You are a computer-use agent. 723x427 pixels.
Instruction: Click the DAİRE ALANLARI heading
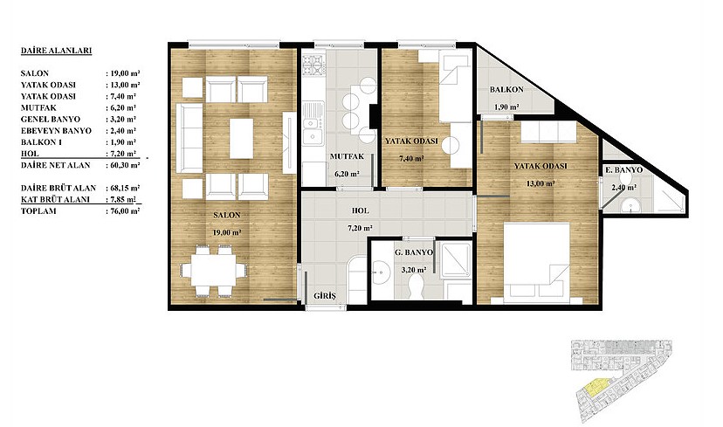pos(56,51)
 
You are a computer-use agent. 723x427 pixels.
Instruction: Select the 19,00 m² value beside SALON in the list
pos(122,73)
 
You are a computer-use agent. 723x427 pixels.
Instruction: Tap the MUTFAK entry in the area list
pos(38,108)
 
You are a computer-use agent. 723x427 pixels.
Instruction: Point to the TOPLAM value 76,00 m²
pos(122,211)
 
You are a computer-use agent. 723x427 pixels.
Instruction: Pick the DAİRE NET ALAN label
pos(55,165)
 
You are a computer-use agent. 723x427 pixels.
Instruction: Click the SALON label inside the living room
pos(227,215)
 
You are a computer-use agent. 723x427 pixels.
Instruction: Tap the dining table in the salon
pos(213,270)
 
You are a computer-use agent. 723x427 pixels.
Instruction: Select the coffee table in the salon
pos(241,138)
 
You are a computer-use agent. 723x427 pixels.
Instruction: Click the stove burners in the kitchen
pos(314,65)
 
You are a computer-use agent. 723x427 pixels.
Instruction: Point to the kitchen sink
pos(313,130)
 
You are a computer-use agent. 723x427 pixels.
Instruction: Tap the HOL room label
pos(360,210)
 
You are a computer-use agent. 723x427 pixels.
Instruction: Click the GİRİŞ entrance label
pos(325,296)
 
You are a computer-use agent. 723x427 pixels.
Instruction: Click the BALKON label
pos(506,89)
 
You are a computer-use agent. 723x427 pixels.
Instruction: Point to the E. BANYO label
pos(623,170)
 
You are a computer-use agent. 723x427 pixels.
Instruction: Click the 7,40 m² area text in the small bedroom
pos(412,159)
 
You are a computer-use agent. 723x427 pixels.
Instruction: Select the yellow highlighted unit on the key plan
pos(596,387)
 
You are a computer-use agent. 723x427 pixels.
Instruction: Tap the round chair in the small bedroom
pos(451,146)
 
